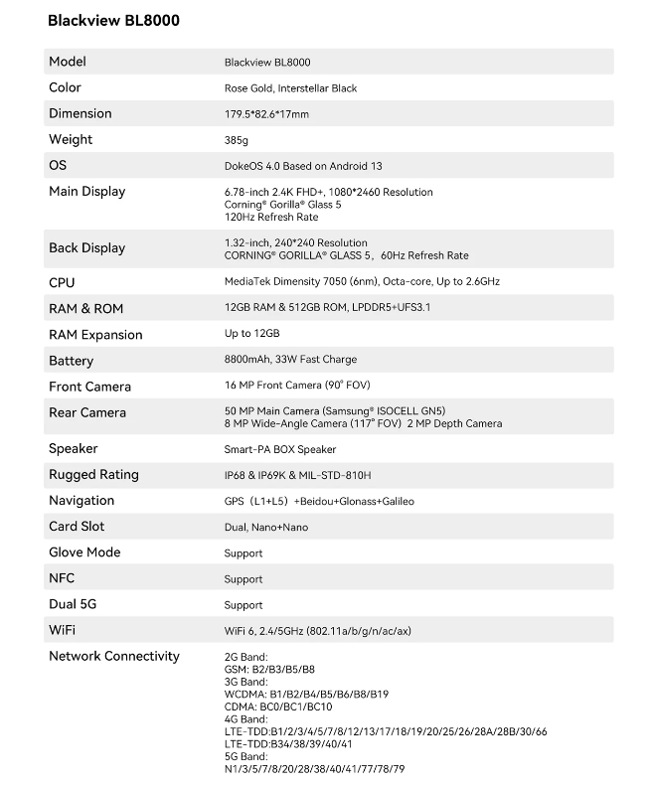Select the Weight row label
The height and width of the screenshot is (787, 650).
[71, 139]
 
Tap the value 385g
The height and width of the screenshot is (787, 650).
[237, 140]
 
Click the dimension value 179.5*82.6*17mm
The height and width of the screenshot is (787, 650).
[266, 114]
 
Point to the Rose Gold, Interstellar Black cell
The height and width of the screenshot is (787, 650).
[290, 88]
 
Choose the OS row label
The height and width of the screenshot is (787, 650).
[58, 165]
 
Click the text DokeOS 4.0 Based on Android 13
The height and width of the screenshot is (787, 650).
[303, 166]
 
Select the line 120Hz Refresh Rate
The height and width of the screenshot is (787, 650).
[271, 217]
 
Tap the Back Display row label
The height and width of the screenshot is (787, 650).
[87, 247]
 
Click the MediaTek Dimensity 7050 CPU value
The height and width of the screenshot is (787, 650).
[376, 282]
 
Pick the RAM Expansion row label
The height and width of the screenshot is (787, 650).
[95, 335]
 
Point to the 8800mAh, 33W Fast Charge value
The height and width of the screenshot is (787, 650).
[290, 360]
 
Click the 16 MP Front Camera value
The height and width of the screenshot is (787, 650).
[297, 386]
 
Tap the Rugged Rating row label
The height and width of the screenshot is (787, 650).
[93, 475]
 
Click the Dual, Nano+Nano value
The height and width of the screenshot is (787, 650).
[259, 527]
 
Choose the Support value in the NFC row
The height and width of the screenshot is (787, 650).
[244, 579]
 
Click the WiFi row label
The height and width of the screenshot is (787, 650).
[63, 630]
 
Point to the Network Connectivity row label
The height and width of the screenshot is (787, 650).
[114, 656]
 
